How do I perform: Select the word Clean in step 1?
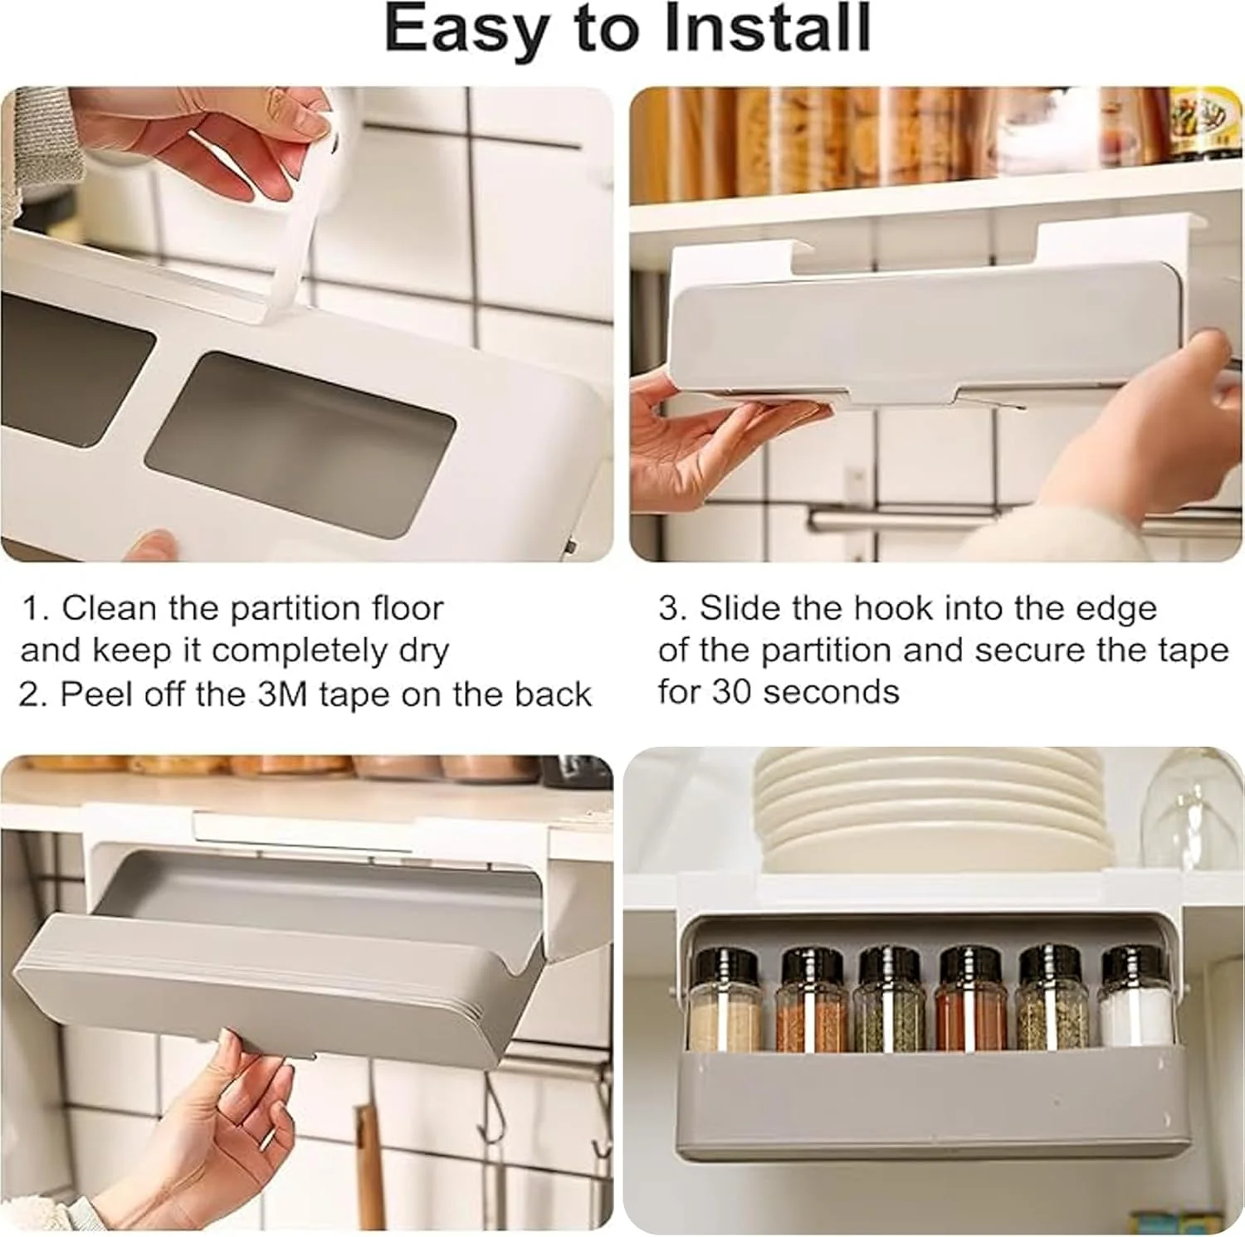pyautogui.click(x=109, y=608)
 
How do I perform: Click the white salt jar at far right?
pyautogui.click(x=1132, y=997)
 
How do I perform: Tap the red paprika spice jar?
pyautogui.click(x=971, y=997)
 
